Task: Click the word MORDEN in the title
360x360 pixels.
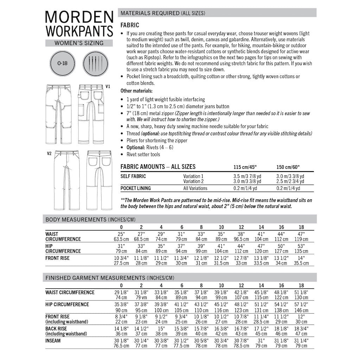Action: point(79,17)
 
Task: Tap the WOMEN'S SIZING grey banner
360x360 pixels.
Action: point(79,43)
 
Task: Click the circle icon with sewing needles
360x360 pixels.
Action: point(96,64)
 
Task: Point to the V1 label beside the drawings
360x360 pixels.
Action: point(108,86)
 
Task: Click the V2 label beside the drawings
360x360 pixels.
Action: point(50,153)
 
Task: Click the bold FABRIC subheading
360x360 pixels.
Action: point(130,25)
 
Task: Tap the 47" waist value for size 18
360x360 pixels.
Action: point(301,234)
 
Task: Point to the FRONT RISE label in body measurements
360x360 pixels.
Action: point(58,258)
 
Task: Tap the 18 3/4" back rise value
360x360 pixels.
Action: point(301,329)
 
